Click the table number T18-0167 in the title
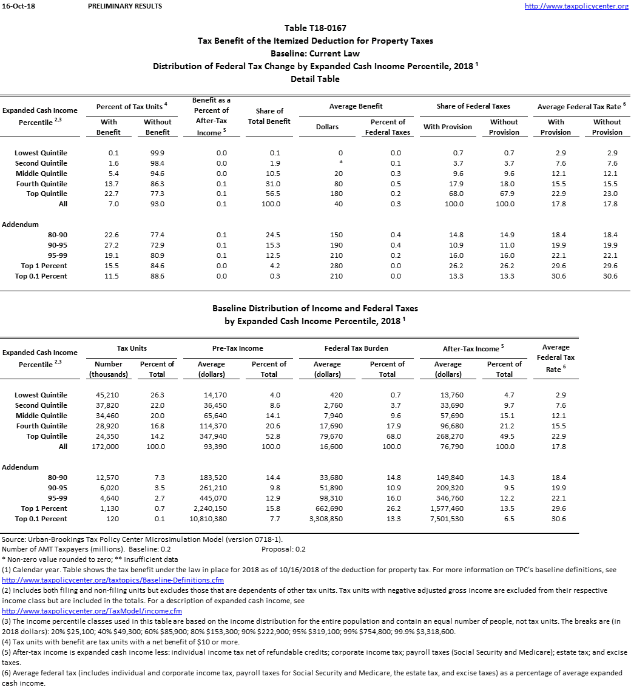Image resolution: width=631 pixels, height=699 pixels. pyautogui.click(x=315, y=28)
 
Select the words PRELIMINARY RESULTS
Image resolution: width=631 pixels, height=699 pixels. pyautogui.click(x=125, y=6)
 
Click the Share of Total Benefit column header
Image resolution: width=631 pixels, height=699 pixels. pyautogui.click(x=269, y=116)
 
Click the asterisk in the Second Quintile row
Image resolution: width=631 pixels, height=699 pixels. pyautogui.click(x=340, y=163)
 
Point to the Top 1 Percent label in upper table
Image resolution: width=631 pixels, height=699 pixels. pyautogui.click(x=44, y=266)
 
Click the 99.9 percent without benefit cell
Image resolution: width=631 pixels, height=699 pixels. pyautogui.click(x=158, y=153)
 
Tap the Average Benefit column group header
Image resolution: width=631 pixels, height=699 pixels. pyautogui.click(x=356, y=106)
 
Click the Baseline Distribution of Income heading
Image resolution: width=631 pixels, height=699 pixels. pyautogui.click(x=315, y=308)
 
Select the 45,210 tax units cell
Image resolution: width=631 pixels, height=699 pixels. pyautogui.click(x=109, y=395)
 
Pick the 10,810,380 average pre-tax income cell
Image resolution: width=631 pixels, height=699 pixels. pyautogui.click(x=212, y=519)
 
